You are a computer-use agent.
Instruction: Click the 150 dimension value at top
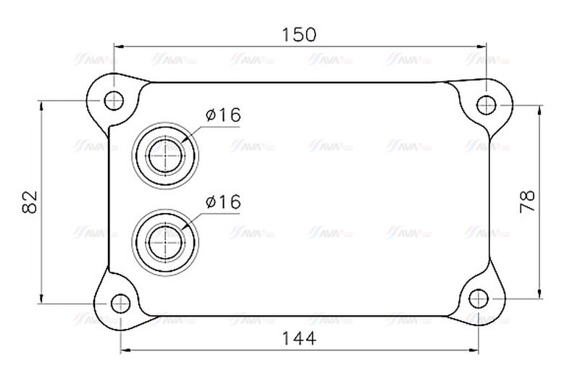[299, 33]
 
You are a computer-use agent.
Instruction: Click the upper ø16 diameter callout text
[223, 114]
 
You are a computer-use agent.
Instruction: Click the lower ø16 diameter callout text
[223, 202]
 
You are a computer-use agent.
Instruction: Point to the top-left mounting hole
[113, 100]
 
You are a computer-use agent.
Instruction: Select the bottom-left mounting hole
[120, 302]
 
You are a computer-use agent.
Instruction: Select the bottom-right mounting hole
[478, 297]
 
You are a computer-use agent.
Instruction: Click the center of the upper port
[165, 154]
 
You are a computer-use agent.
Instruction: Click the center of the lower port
[165, 239]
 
